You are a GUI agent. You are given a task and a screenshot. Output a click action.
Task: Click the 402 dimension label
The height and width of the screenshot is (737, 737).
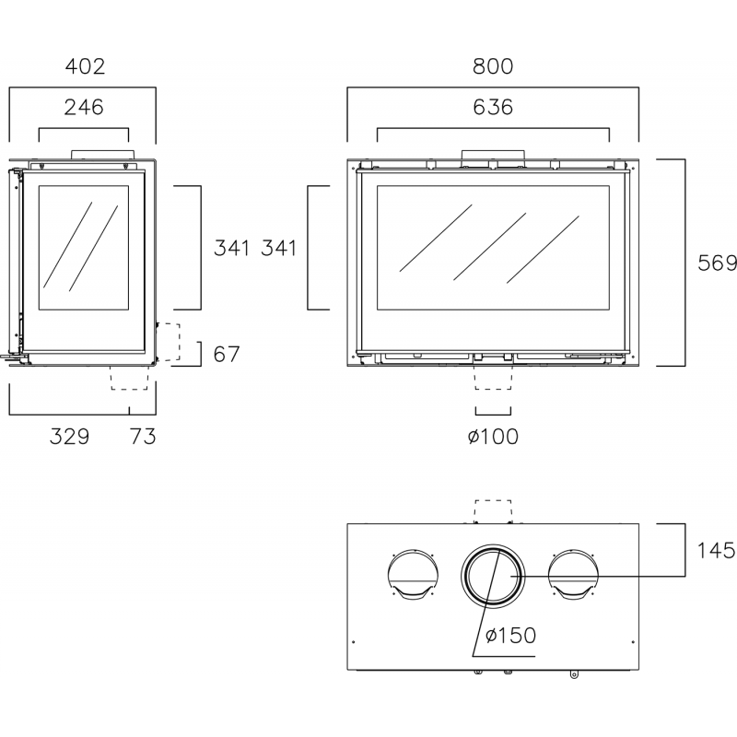(85, 66)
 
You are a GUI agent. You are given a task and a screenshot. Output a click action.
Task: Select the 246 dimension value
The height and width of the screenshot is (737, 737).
(84, 107)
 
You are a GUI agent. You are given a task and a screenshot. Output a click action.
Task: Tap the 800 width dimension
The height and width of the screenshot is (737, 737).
(493, 66)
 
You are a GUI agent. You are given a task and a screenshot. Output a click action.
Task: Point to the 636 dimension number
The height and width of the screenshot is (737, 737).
(493, 107)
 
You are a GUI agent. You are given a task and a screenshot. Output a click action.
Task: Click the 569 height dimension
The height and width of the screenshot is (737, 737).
(718, 263)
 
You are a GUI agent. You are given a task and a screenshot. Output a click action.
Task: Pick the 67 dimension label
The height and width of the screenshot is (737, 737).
(227, 354)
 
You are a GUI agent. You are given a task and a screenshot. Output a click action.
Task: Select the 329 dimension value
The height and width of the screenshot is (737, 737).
(70, 437)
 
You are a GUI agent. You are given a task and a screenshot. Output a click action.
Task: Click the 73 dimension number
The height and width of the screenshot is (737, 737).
(143, 437)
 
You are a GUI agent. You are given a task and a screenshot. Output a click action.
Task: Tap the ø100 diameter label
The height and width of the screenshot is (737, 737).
(493, 437)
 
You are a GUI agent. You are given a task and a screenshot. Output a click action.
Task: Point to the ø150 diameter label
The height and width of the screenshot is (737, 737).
(510, 636)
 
